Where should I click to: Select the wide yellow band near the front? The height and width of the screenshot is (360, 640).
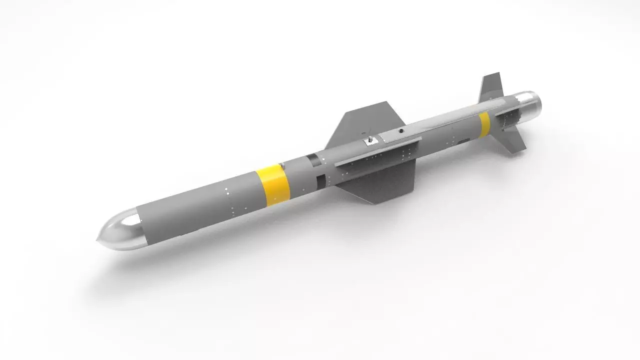pos(273,184)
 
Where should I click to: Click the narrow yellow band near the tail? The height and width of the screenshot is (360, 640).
pos(484,124)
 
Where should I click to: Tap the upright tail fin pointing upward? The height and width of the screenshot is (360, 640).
pos(491,87)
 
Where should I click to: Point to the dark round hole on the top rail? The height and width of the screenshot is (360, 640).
pos(400,131)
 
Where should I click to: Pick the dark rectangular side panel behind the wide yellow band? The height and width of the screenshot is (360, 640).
pos(320,180)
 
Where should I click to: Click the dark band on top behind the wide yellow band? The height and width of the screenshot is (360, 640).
pos(312,159)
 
